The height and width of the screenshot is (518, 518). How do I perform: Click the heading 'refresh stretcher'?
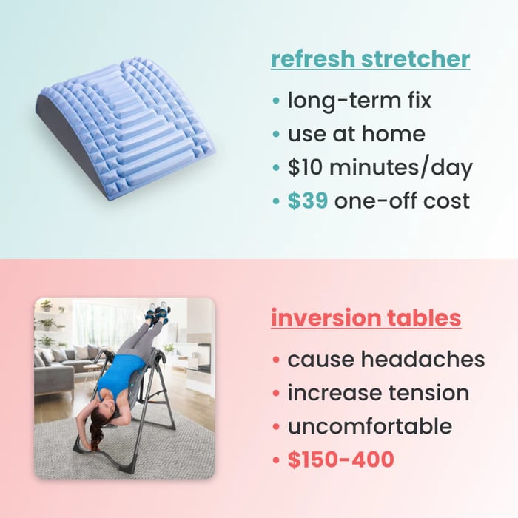(x=370, y=59)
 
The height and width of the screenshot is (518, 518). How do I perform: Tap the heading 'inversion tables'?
(x=366, y=318)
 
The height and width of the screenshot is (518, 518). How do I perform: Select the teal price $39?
(x=308, y=201)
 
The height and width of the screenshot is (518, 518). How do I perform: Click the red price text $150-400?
(x=340, y=460)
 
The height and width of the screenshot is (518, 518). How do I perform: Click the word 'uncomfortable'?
(x=369, y=426)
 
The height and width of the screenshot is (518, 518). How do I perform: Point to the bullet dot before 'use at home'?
(x=276, y=134)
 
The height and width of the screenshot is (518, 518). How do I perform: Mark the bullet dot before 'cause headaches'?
(x=276, y=360)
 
